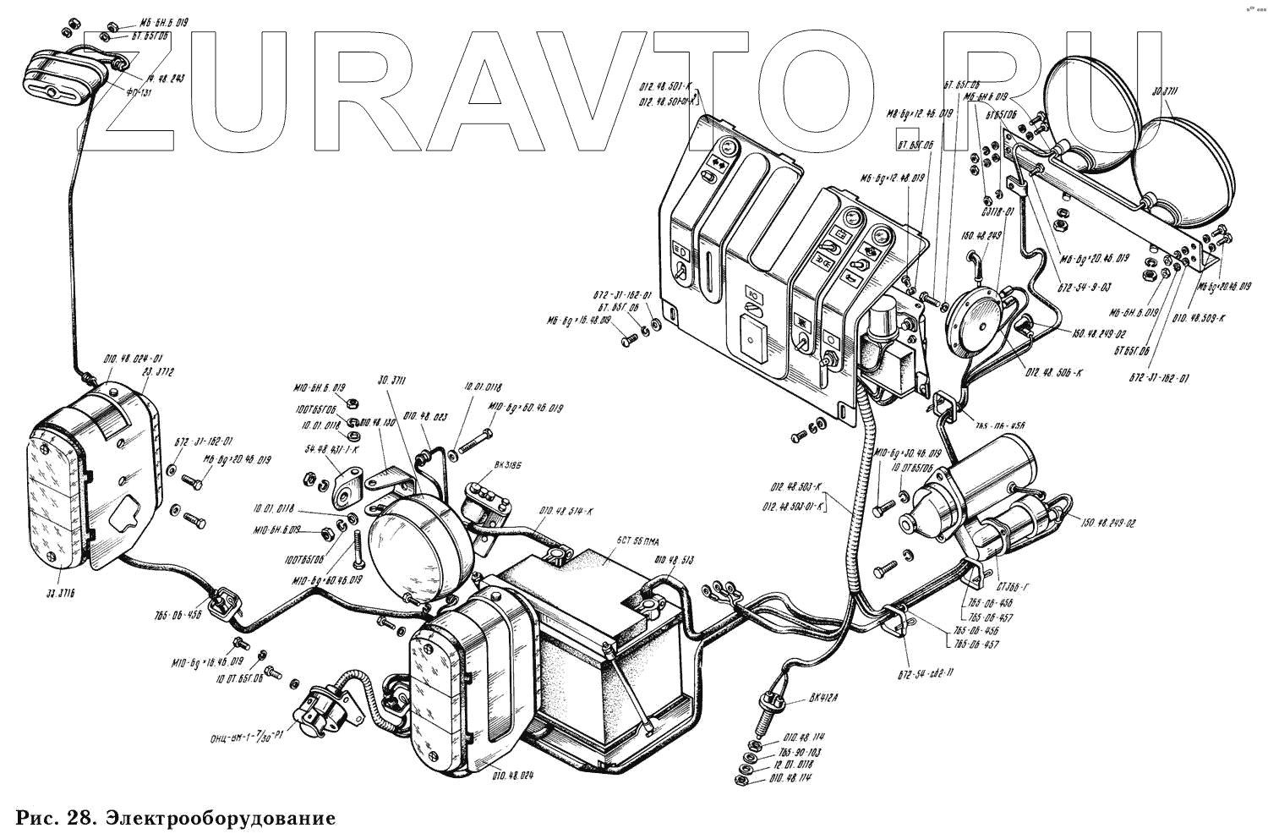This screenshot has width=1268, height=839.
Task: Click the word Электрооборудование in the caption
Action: [221, 819]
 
